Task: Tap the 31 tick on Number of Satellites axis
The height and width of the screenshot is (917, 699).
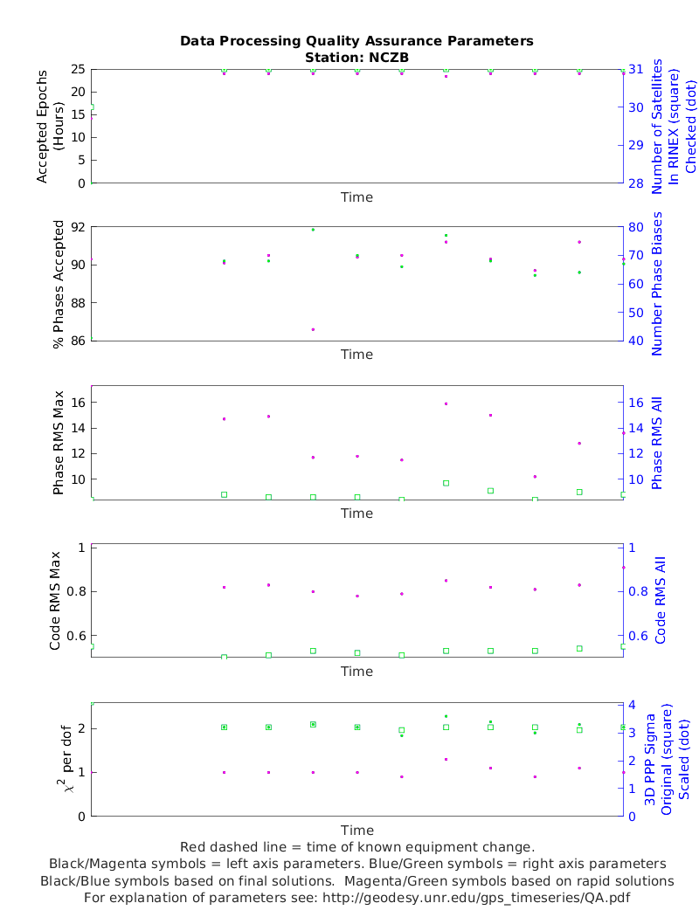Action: [x=635, y=69]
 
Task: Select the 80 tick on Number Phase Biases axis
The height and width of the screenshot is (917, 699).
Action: [x=635, y=227]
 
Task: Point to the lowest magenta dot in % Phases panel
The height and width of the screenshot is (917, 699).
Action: [x=313, y=329]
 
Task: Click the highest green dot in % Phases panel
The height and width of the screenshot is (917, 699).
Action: [x=313, y=230]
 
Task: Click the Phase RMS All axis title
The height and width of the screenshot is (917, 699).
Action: [x=657, y=444]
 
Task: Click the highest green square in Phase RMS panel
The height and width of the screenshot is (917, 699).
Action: [x=446, y=483]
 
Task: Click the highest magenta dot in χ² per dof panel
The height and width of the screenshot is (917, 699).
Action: [x=446, y=759]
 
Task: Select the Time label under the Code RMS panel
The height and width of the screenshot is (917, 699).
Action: [x=356, y=672]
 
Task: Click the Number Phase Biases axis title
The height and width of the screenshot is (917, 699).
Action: [x=657, y=284]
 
